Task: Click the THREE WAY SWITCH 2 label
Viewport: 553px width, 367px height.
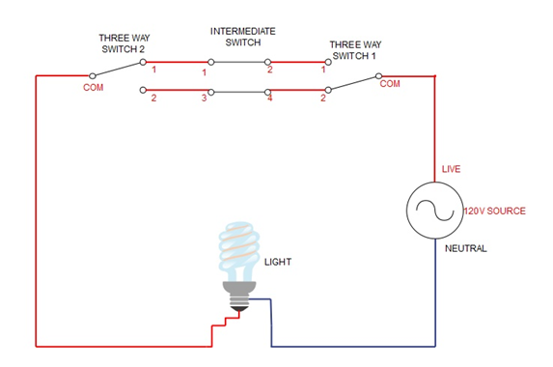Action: click(x=124, y=44)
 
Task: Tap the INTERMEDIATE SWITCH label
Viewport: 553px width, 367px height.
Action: click(x=242, y=38)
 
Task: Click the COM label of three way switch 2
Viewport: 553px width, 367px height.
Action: click(x=92, y=87)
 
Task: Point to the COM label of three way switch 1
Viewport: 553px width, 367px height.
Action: click(x=390, y=84)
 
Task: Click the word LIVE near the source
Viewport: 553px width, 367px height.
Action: click(x=452, y=169)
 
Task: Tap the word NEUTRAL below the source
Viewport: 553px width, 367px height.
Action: click(x=465, y=248)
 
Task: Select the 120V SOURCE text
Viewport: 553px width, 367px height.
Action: click(x=494, y=211)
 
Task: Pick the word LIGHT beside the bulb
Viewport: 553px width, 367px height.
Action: click(x=276, y=262)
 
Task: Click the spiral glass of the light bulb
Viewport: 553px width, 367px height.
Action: click(x=237, y=249)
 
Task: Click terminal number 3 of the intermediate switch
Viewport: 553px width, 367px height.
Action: click(x=204, y=99)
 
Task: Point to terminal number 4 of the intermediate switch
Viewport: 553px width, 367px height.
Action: click(x=269, y=99)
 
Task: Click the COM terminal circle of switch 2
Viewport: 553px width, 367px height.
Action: click(x=92, y=74)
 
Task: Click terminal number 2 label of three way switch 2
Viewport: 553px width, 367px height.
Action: click(x=153, y=99)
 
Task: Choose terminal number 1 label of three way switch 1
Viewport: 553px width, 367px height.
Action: click(x=323, y=71)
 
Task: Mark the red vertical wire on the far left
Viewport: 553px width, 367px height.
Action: click(x=37, y=212)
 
